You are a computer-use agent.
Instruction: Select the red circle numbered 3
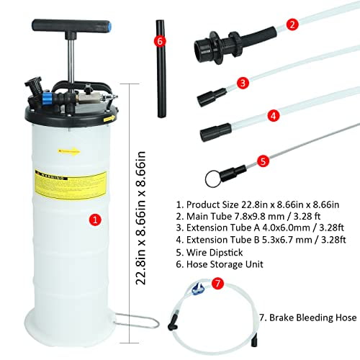click(x=243, y=83)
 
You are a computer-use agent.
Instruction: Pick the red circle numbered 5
click(x=264, y=161)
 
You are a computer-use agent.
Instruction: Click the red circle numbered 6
click(x=160, y=40)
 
